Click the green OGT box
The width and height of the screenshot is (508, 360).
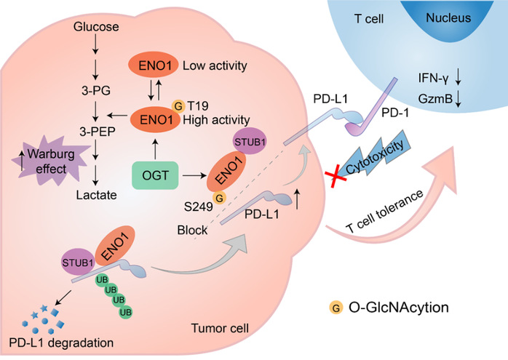coord(155,175)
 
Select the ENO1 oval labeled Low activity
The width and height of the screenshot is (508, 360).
coord(154,65)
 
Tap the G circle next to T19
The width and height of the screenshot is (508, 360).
coord(178,106)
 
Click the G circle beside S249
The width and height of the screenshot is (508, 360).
coord(219,198)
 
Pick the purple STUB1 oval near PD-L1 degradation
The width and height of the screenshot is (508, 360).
coord(78,263)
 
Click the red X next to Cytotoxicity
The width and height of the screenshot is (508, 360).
coord(336,176)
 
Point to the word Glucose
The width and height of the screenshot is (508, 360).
coord(96,27)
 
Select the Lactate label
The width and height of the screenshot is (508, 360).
coord(97,195)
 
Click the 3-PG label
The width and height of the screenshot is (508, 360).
coord(96,91)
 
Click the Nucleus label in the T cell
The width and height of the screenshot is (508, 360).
coord(448,17)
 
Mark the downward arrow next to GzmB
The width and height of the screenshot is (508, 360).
coord(458,99)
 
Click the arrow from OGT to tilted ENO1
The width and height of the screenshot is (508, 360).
coord(194,176)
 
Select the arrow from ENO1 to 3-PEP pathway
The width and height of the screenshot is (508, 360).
coord(117,115)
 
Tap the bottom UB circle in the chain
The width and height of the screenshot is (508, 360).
coord(125,312)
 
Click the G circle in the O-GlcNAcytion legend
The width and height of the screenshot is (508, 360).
coord(336,308)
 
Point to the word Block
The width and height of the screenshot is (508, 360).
coord(192,230)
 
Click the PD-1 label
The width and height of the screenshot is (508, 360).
coord(395,113)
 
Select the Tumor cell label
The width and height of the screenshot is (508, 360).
coord(220,328)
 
